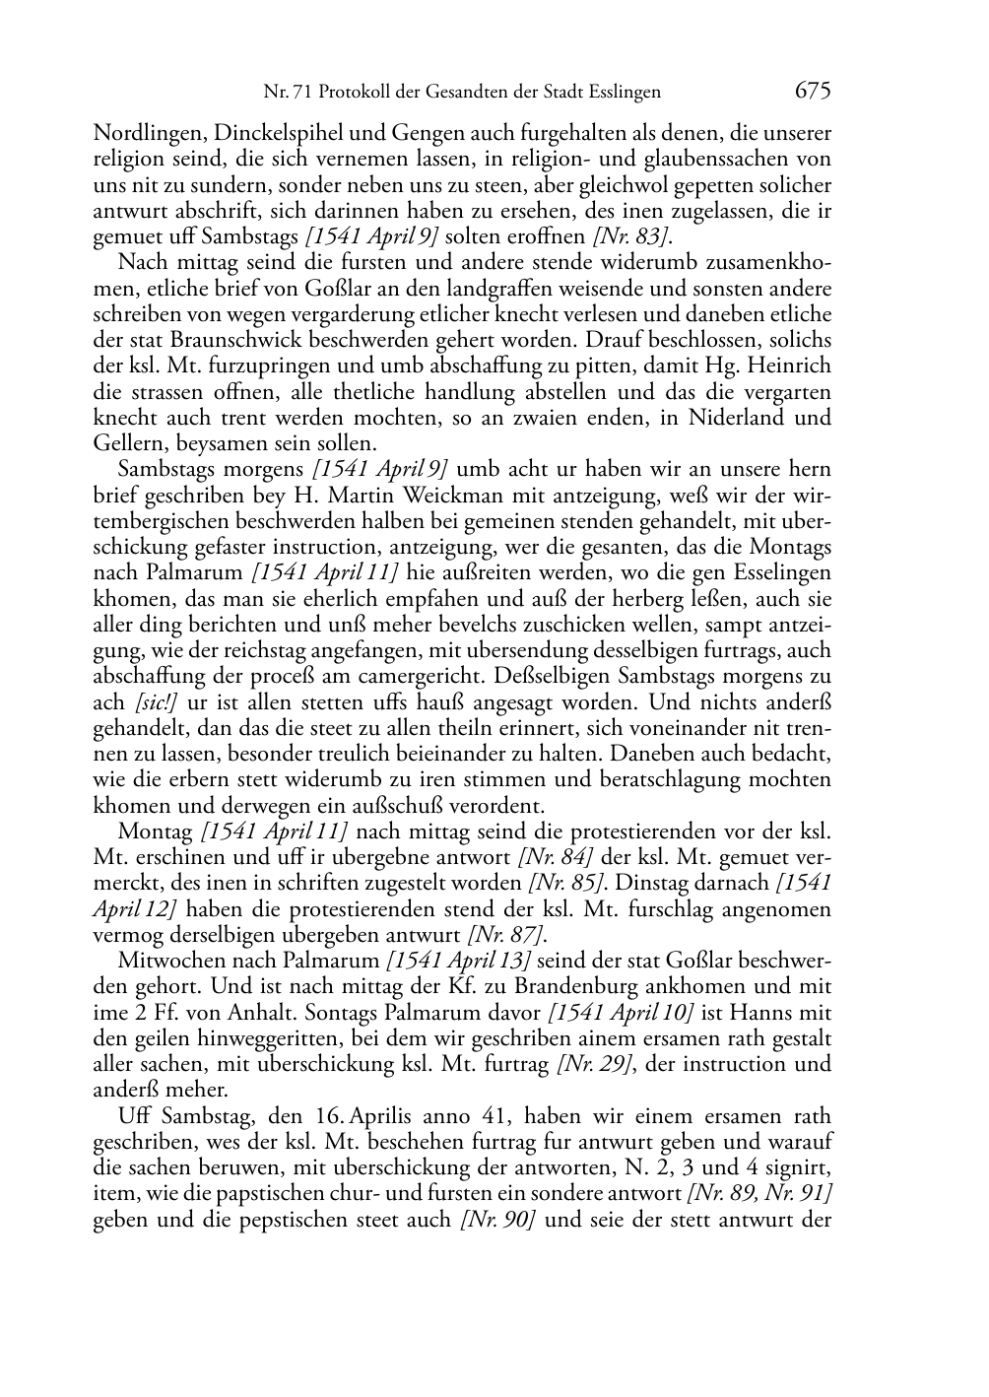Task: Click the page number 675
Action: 814,92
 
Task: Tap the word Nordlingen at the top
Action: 139,133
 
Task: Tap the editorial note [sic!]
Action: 148,702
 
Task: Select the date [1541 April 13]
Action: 459,961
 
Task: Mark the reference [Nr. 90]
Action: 497,1220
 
